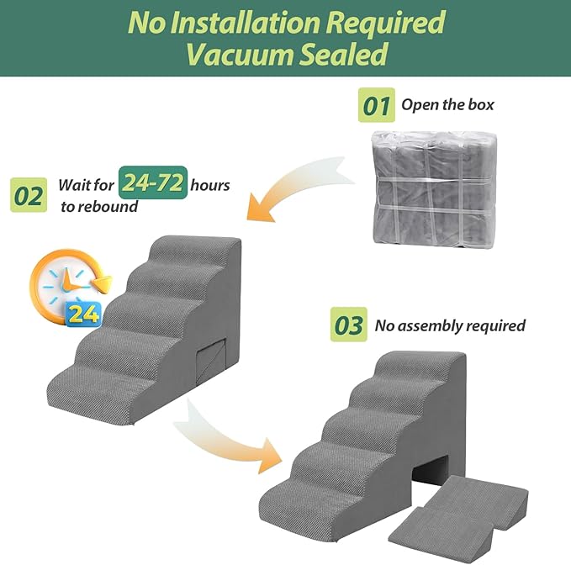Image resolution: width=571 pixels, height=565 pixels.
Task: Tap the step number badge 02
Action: pyautogui.click(x=29, y=196)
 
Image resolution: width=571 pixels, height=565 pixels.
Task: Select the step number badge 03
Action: pyautogui.click(x=349, y=326)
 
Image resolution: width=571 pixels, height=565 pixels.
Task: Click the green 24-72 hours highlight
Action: pyautogui.click(x=152, y=182)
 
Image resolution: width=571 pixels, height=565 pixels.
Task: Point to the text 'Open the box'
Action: pyautogui.click(x=447, y=106)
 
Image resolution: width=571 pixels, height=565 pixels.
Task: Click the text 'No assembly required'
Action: pyautogui.click(x=450, y=325)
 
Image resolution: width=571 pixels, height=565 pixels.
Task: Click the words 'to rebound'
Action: pyautogui.click(x=98, y=206)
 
